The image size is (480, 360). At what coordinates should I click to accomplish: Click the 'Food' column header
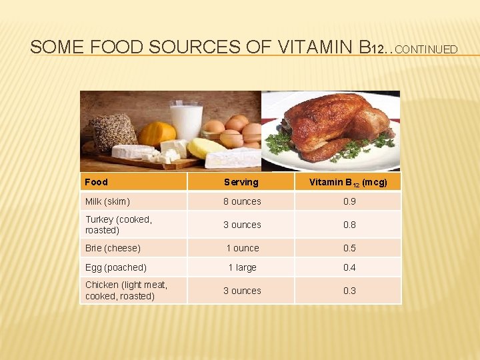97,182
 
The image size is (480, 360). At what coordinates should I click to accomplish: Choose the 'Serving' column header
241,182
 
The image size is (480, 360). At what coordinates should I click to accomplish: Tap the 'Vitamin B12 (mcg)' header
349,182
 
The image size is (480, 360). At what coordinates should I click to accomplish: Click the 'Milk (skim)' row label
107,201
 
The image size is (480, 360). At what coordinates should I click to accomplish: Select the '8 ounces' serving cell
242,201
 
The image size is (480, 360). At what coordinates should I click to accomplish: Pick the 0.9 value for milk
349,201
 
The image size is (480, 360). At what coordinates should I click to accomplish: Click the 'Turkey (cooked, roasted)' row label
119,225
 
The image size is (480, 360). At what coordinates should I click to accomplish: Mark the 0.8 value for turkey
349,225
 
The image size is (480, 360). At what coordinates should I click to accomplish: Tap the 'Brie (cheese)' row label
113,248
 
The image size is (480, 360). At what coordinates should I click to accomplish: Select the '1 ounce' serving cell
242,248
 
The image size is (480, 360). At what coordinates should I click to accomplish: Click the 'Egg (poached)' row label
115,267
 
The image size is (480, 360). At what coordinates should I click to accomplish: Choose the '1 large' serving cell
242,267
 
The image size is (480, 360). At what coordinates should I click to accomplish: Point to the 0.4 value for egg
349,267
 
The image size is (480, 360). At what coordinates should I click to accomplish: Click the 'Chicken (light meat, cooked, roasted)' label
126,291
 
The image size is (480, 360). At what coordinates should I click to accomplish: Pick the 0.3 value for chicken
349,291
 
